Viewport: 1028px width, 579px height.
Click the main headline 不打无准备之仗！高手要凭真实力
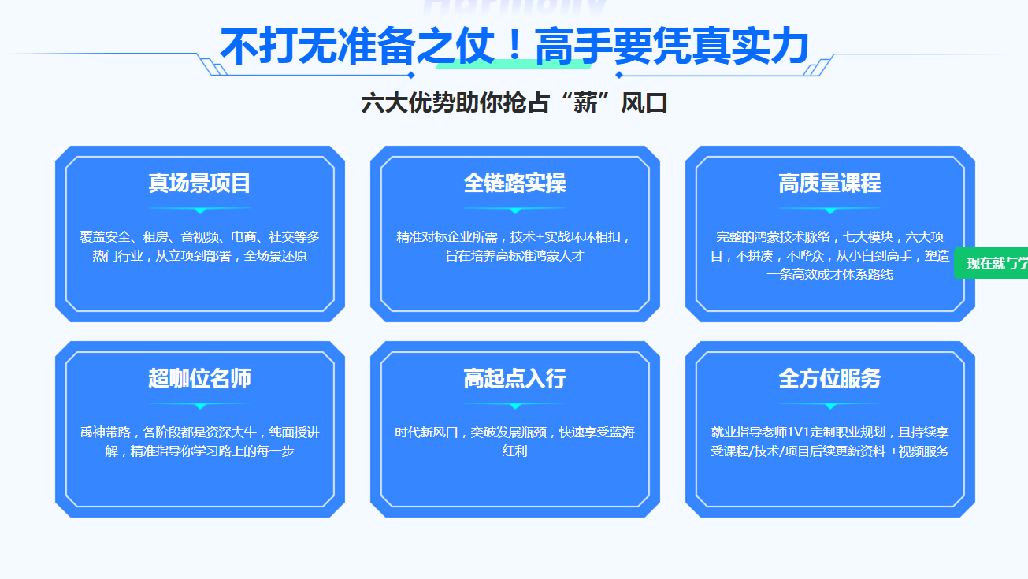(514, 46)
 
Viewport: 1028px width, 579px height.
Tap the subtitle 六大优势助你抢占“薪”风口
(514, 103)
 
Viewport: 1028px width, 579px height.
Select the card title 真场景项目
(200, 184)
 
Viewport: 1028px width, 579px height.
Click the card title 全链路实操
(515, 184)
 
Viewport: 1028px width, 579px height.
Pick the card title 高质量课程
(830, 184)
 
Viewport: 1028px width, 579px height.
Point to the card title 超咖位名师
(200, 379)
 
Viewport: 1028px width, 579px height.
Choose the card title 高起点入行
(515, 379)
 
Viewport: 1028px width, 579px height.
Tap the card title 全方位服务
(830, 379)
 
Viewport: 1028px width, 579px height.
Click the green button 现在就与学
(994, 263)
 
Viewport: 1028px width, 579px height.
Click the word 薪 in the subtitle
(585, 103)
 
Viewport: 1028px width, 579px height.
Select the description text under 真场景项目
(200, 247)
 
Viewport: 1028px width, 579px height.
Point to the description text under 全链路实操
(515, 247)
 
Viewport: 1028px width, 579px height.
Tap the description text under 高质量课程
(830, 256)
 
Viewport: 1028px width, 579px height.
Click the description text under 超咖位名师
(200, 442)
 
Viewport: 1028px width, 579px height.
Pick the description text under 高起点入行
(515, 442)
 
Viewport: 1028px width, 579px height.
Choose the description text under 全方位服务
(830, 442)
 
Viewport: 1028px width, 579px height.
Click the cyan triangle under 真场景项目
(200, 210)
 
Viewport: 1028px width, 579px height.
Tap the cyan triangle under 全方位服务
(830, 406)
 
